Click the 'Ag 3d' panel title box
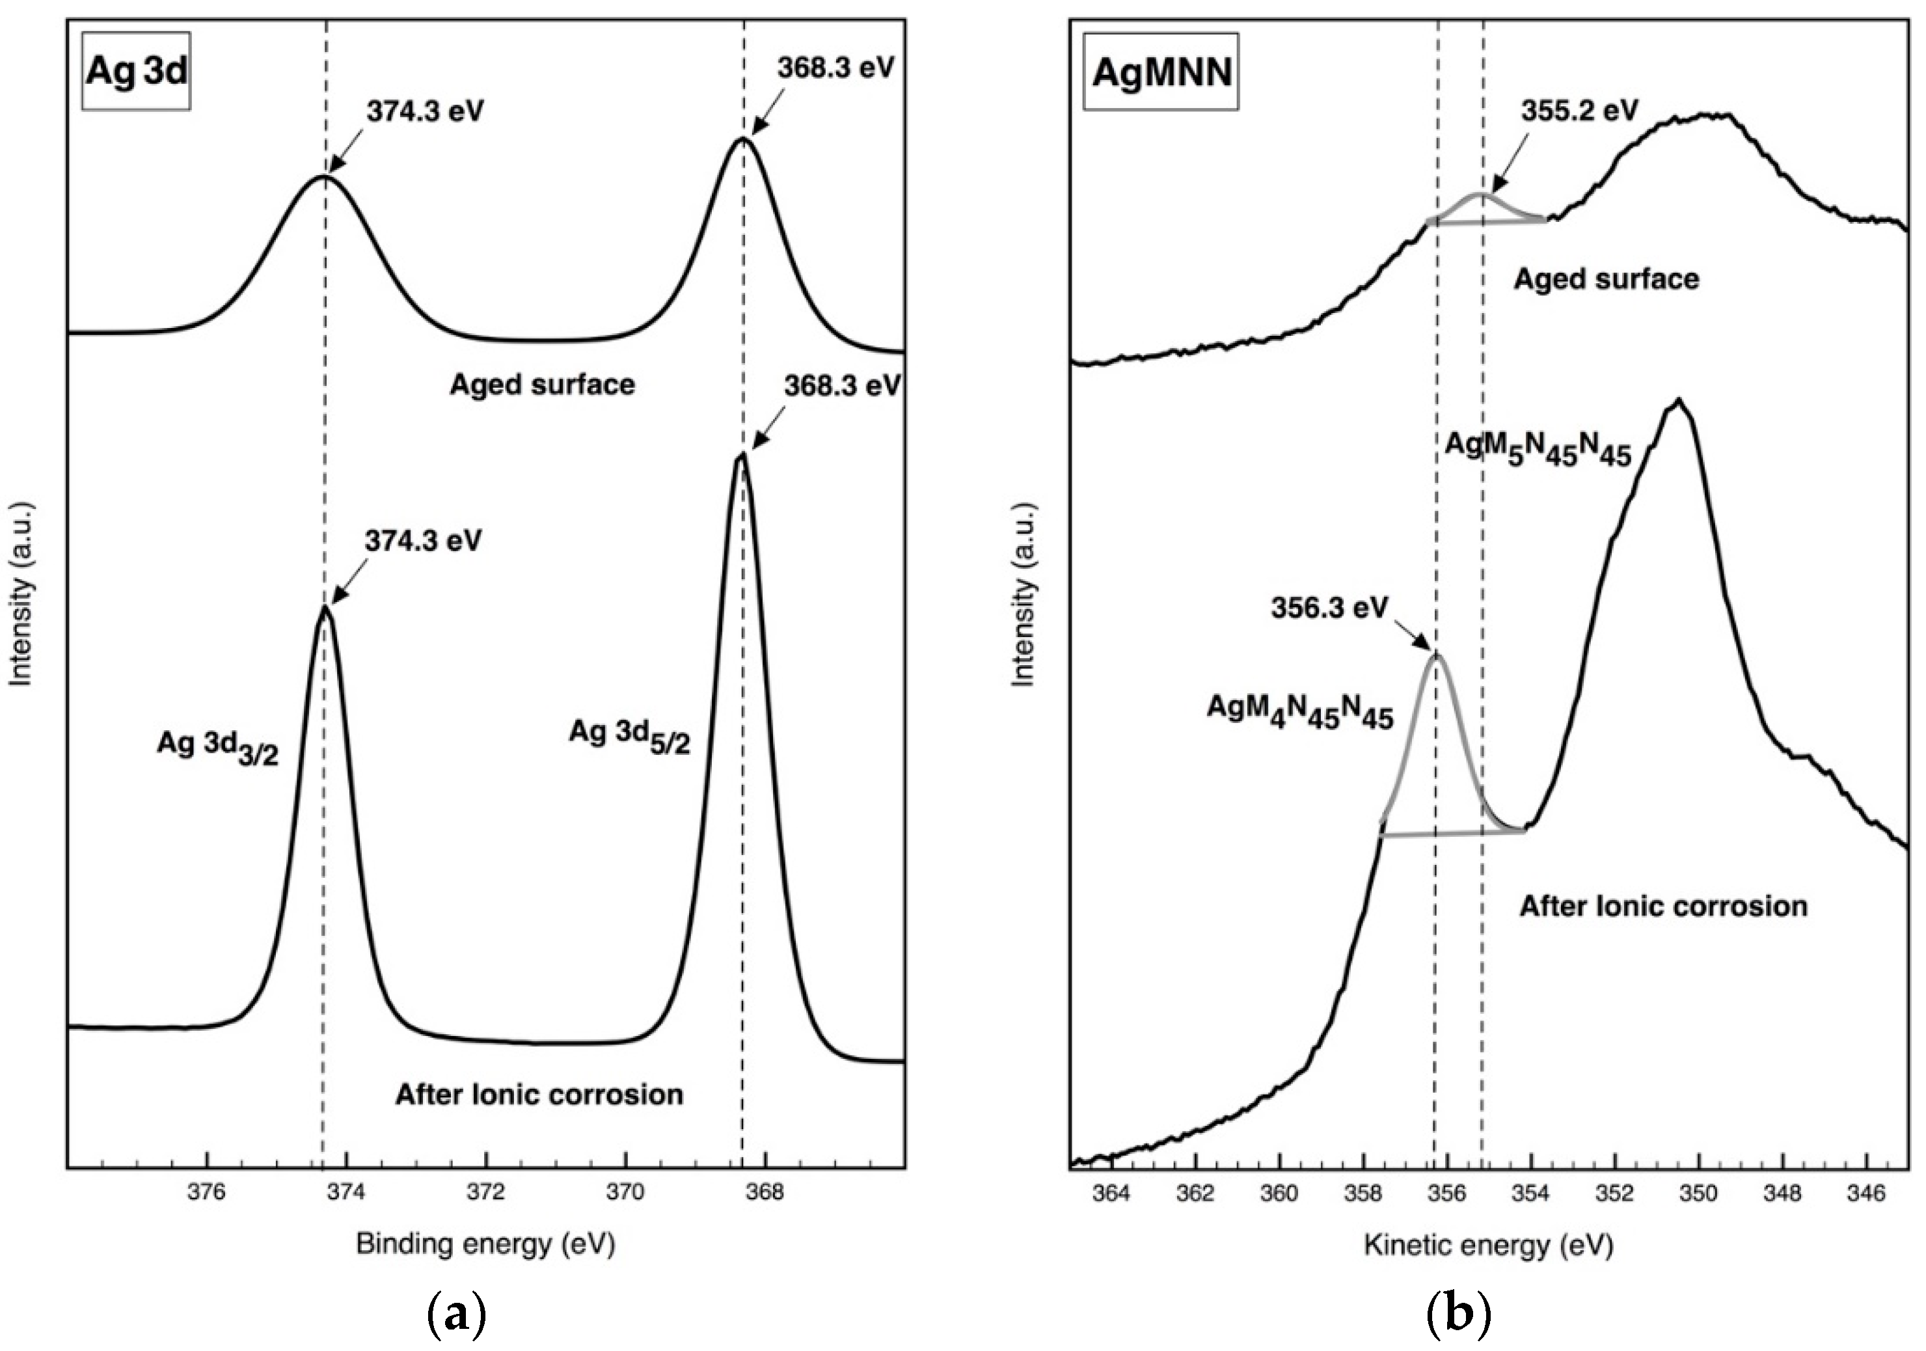pos(136,72)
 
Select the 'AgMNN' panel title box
pos(1161,72)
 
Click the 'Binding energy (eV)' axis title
pos(485,1244)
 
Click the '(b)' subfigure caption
pos(1459,1314)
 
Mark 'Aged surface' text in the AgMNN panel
pos(1606,279)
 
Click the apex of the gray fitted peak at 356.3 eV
pos(1436,655)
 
